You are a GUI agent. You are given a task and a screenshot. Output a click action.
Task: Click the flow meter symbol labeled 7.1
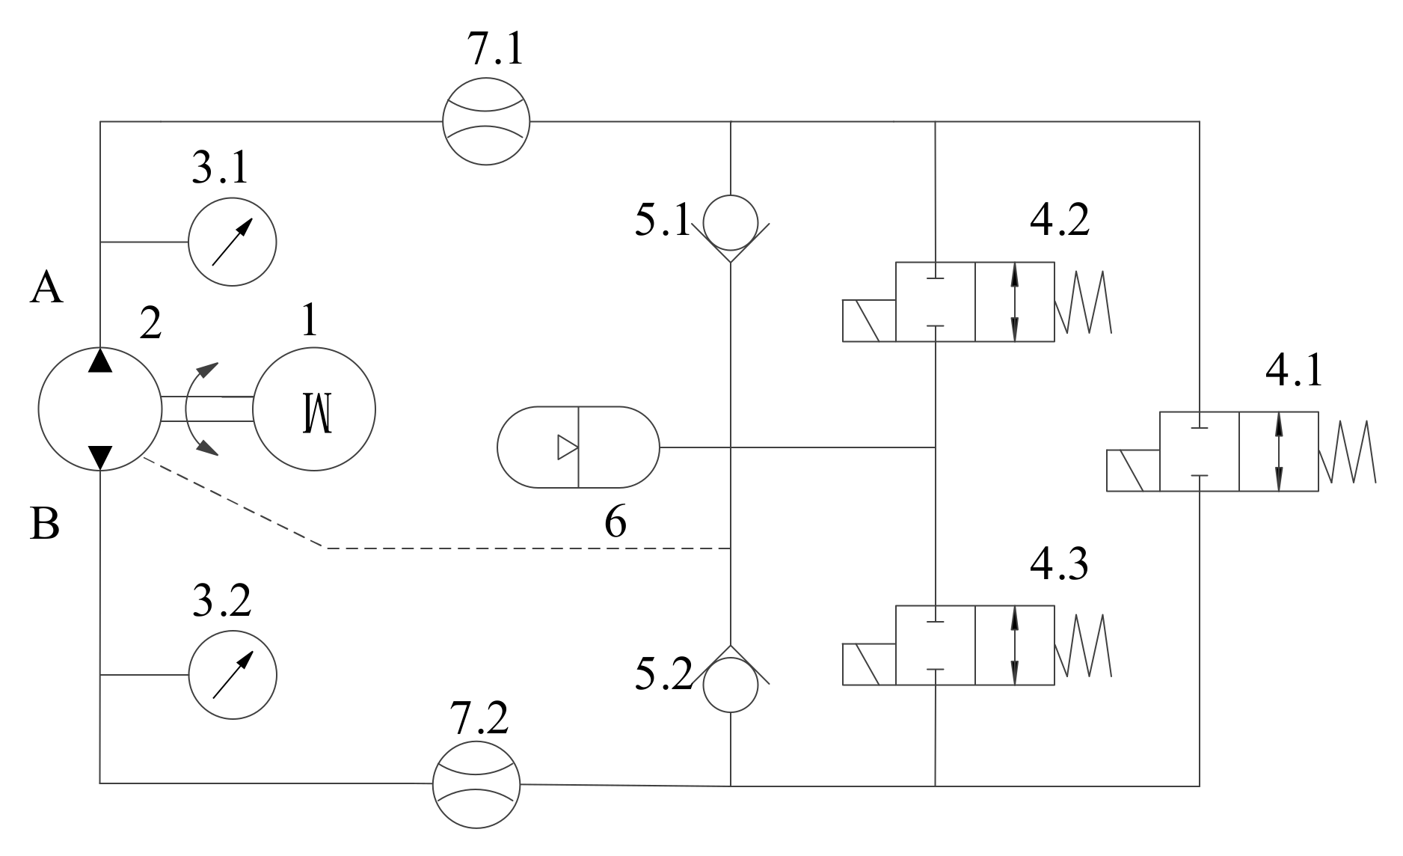[x=485, y=120]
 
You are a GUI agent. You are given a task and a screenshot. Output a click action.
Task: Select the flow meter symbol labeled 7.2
[x=476, y=784]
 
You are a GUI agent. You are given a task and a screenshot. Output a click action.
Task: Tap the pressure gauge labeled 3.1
[x=232, y=242]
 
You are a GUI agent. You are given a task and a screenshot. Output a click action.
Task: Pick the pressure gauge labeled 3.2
[x=233, y=675]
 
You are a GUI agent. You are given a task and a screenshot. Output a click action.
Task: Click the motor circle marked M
[x=314, y=409]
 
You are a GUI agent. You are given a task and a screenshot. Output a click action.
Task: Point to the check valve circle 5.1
[x=731, y=222]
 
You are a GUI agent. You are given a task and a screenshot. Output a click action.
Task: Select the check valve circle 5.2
[x=731, y=685]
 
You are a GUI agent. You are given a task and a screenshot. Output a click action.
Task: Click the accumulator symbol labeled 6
[x=579, y=447]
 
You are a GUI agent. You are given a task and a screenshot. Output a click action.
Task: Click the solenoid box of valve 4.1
[x=1133, y=471]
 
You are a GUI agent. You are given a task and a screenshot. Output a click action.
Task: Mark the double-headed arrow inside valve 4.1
[x=1279, y=451]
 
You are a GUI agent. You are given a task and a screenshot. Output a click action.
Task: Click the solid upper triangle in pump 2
[x=100, y=361]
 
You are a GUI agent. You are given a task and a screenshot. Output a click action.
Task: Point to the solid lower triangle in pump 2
[x=100, y=456]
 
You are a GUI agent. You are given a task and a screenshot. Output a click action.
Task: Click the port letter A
[x=46, y=288]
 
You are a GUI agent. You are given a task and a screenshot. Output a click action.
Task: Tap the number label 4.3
[x=1059, y=565]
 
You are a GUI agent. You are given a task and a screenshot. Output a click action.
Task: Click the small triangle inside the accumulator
[x=567, y=447]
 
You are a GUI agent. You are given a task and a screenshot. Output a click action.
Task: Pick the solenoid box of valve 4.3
[x=869, y=664]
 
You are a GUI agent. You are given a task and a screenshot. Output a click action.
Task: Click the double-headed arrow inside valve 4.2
[x=1015, y=302]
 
